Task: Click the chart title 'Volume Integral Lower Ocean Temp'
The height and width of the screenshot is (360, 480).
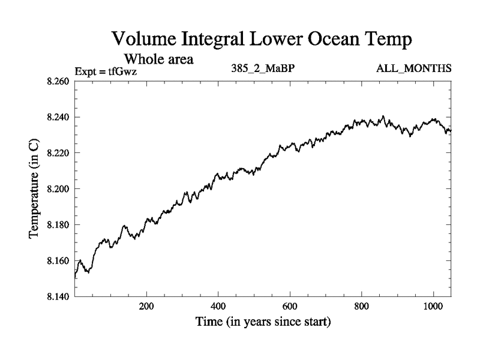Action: pos(263,40)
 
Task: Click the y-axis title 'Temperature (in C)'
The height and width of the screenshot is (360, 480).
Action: pos(35,189)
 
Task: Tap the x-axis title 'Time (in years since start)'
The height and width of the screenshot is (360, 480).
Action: pos(263,322)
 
